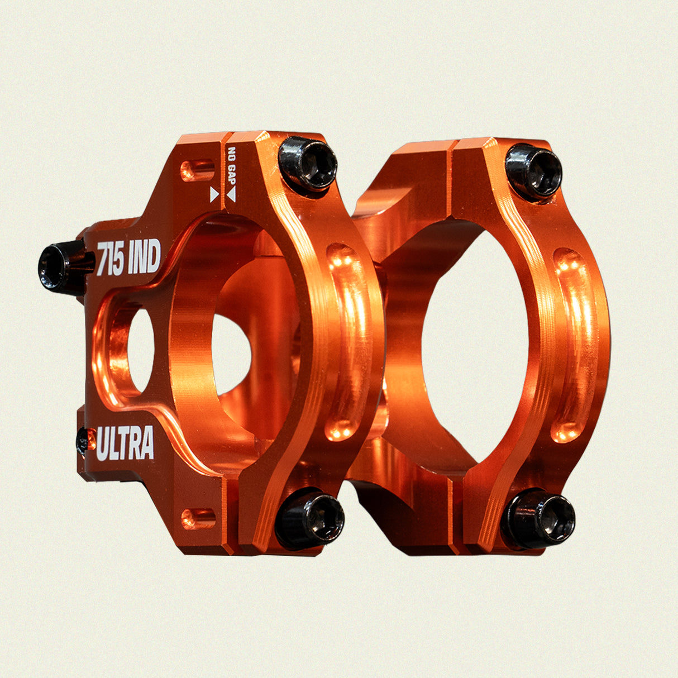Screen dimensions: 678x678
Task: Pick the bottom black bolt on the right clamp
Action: click(x=538, y=518)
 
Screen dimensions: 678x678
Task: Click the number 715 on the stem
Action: click(x=111, y=259)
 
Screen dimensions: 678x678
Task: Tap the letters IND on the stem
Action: click(x=144, y=257)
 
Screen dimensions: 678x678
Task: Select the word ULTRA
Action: click(x=126, y=443)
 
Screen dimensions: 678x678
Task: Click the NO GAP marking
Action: click(x=231, y=166)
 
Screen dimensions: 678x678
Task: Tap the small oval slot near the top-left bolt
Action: click(x=197, y=169)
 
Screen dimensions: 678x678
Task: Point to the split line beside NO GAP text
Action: click(x=223, y=168)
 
